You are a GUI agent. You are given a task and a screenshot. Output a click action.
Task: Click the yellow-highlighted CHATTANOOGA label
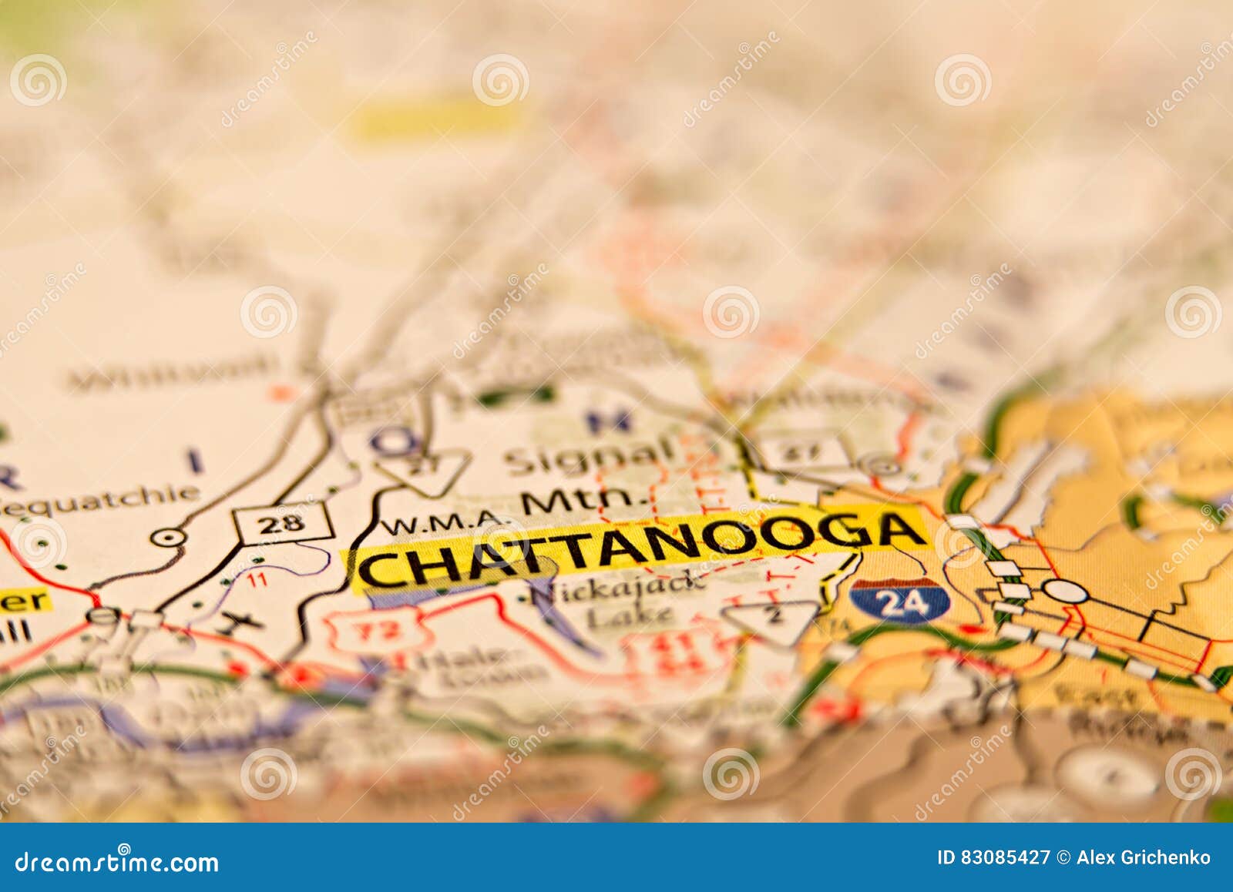(x=640, y=548)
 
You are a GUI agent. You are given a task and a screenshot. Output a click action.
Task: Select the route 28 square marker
(x=284, y=524)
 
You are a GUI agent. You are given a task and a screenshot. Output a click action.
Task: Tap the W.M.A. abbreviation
(x=441, y=525)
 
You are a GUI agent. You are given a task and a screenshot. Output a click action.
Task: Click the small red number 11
(x=257, y=579)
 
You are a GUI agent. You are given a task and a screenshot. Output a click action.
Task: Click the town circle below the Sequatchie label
(x=167, y=538)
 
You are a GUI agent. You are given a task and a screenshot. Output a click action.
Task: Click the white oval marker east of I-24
(x=1065, y=592)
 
